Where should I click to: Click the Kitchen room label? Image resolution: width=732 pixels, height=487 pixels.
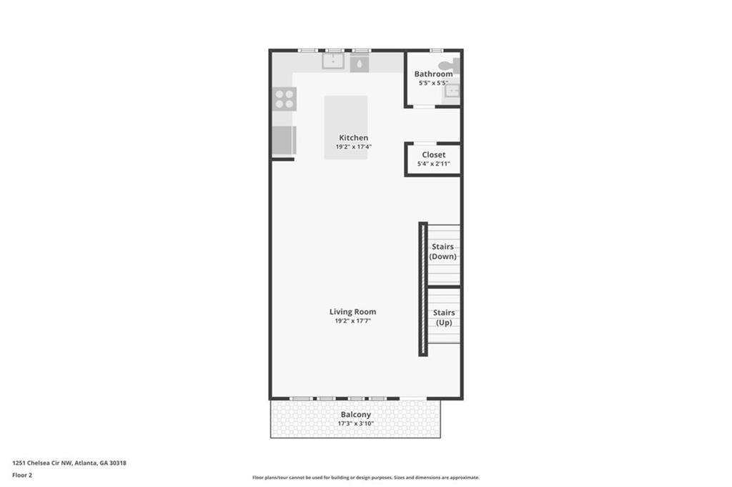353,138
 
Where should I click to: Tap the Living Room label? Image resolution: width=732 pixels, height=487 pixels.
352,312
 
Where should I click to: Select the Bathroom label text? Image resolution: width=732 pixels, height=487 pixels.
433,74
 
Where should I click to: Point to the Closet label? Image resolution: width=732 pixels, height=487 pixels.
434,154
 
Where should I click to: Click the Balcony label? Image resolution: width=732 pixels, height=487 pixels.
356,415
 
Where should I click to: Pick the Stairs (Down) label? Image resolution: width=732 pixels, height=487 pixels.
442,252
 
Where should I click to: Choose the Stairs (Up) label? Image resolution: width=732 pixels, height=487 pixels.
444,318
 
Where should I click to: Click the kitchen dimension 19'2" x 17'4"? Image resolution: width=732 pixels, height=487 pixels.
353,147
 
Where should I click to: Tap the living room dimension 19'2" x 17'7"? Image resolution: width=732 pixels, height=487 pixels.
352,321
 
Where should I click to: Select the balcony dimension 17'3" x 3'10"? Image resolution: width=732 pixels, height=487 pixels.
356,423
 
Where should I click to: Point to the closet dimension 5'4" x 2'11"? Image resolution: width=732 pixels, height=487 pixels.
434,164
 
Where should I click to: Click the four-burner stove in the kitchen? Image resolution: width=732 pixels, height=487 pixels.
285,99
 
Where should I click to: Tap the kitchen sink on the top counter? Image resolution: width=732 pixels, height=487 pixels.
333,62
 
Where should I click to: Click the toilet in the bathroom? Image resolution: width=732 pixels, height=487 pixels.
449,66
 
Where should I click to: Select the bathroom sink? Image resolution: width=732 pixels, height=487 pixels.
452,91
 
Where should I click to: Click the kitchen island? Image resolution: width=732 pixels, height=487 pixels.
346,127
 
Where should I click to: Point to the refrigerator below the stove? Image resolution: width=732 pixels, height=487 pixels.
284,140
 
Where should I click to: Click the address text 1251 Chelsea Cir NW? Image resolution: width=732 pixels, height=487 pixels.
42,463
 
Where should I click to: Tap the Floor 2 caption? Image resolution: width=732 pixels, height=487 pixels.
22,476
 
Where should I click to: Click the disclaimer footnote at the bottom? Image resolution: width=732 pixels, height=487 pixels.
366,478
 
